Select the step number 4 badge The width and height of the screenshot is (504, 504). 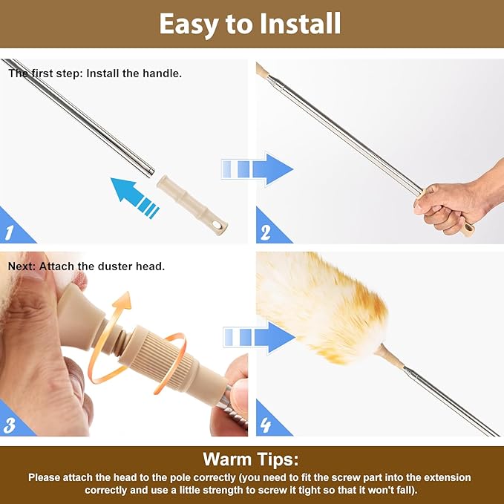click(266, 425)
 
